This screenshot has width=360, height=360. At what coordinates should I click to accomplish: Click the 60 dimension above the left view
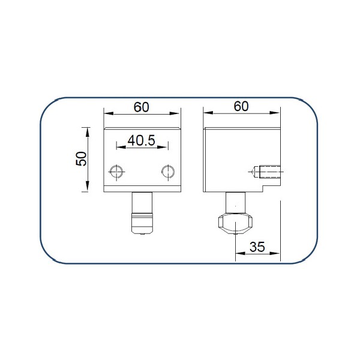pyautogui.click(x=142, y=107)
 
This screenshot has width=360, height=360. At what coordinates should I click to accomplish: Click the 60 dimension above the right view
pyautogui.click(x=241, y=107)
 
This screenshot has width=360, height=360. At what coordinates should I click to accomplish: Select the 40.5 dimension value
pyautogui.click(x=142, y=140)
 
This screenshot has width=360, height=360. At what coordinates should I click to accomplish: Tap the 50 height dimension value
pyautogui.click(x=81, y=158)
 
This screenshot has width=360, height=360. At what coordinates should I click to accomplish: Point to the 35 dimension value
pyautogui.click(x=257, y=247)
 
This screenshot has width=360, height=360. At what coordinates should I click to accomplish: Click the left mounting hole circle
pyautogui.click(x=116, y=172)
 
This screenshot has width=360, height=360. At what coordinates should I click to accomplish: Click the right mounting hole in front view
pyautogui.click(x=168, y=172)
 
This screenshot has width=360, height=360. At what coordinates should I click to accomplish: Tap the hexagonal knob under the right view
pyautogui.click(x=235, y=223)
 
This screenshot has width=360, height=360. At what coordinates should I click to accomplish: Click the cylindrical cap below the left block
pyautogui.click(x=142, y=223)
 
